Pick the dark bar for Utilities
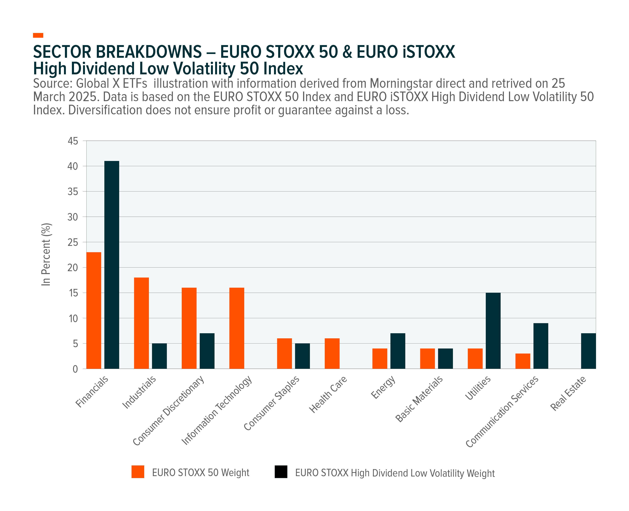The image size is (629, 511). click(493, 331)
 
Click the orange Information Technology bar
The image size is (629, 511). click(237, 328)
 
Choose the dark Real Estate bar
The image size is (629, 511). click(588, 351)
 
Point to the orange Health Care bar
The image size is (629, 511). click(332, 353)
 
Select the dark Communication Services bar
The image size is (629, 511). click(541, 346)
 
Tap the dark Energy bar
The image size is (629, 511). click(398, 351)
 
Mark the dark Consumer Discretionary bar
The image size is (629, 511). click(207, 351)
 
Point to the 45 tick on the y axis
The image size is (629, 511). click(73, 141)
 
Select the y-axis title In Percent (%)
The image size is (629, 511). click(46, 254)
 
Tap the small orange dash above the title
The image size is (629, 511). click(38, 35)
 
